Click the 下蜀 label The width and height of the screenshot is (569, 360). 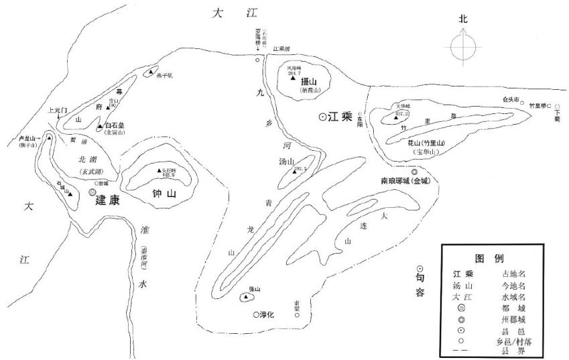(x=558, y=115)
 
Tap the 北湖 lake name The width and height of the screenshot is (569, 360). (x=88, y=160)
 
